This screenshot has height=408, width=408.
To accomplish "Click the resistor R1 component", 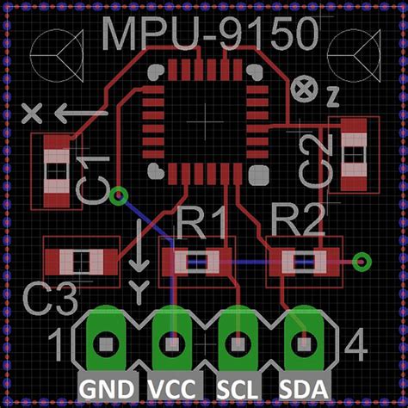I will (x=197, y=259).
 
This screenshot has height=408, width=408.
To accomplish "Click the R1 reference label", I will (x=200, y=225).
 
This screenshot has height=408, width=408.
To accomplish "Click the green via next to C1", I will (x=119, y=196).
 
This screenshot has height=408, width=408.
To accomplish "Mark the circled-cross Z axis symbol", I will (x=302, y=86).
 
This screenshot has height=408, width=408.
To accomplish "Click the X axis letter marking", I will (x=33, y=112).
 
